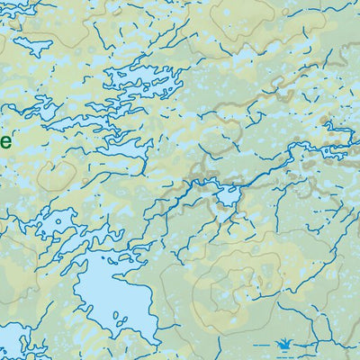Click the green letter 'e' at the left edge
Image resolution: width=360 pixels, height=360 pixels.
tap(4, 141)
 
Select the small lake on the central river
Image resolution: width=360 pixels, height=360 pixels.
tap(229, 193)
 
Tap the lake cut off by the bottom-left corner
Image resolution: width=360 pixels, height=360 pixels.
tap(13, 346)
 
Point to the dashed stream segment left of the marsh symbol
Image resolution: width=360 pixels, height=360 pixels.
tap(262, 344)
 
